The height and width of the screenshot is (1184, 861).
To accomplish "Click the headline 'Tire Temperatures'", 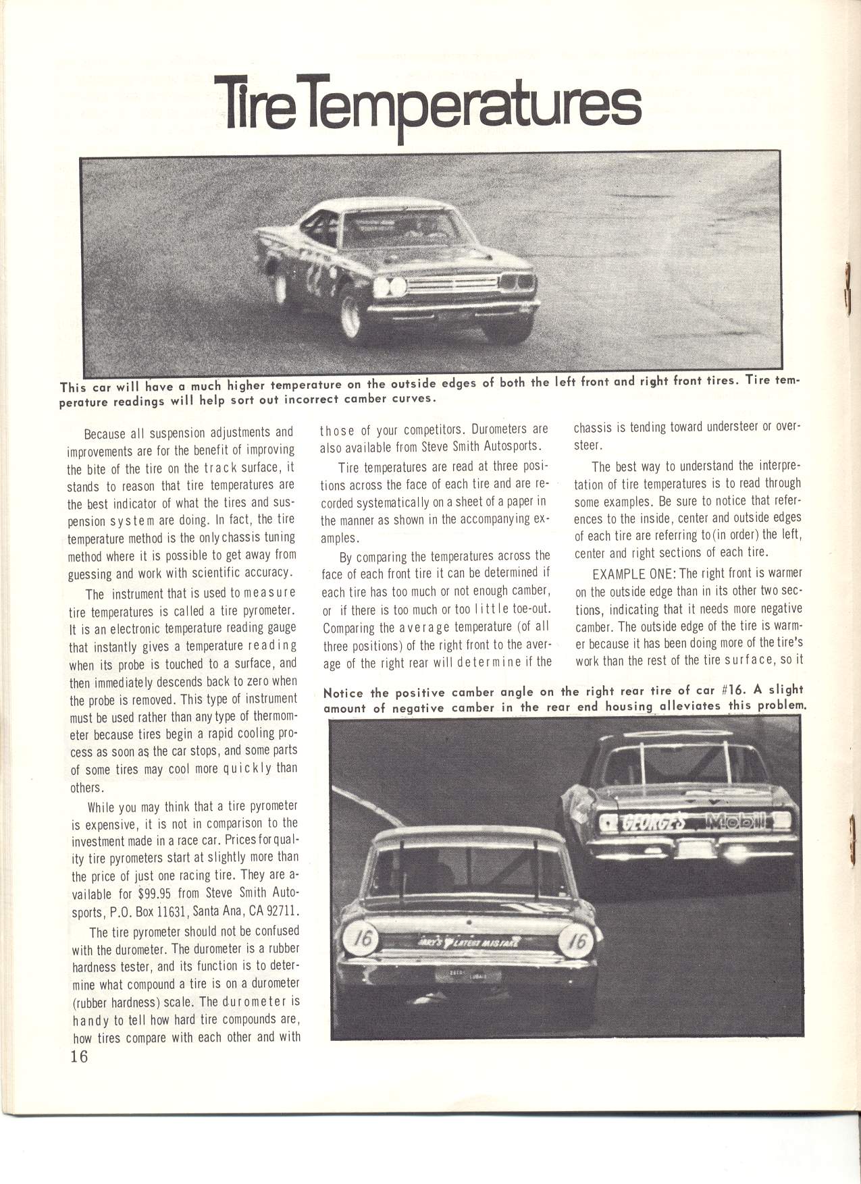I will coord(427,105).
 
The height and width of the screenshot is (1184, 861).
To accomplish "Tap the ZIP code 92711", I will coord(282,911).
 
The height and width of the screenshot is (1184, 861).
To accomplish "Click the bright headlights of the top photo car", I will coord(390,286).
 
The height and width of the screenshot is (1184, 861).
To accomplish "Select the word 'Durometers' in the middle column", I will coord(499,429).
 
